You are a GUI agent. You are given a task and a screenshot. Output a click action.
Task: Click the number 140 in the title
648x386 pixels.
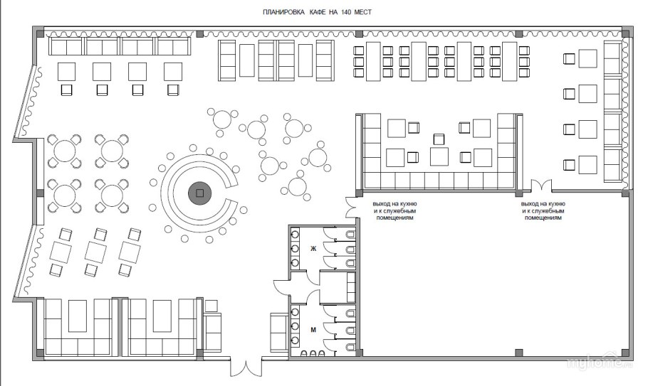click(345, 12)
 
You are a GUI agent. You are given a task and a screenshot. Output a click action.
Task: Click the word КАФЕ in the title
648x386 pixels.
click(318, 12)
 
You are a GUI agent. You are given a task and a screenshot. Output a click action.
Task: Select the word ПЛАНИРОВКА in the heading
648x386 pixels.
click(284, 12)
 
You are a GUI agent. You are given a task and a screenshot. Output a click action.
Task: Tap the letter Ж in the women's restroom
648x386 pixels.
click(313, 249)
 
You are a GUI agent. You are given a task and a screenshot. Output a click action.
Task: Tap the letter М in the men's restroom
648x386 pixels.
click(313, 330)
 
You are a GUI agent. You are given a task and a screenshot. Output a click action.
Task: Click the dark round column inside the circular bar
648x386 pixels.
click(200, 193)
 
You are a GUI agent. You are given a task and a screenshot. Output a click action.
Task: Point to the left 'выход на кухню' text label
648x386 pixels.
click(394, 210)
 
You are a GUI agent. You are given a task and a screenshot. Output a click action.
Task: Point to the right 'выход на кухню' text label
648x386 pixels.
click(543, 210)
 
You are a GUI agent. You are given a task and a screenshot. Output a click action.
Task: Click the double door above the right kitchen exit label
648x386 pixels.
click(541, 185)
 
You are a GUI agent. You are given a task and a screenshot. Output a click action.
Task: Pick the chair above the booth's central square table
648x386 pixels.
click(439, 139)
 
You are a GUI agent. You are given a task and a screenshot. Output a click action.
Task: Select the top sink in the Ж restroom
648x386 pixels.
click(295, 235)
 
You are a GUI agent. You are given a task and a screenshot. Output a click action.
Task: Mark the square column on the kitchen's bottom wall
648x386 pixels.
click(518, 353)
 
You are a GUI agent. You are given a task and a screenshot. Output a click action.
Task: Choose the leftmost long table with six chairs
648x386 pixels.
click(373, 61)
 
